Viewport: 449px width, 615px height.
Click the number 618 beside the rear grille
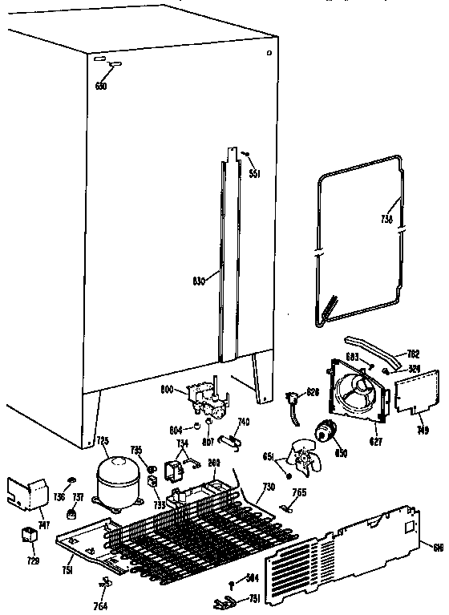coord(437,548)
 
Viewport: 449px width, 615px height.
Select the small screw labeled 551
coord(245,154)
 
